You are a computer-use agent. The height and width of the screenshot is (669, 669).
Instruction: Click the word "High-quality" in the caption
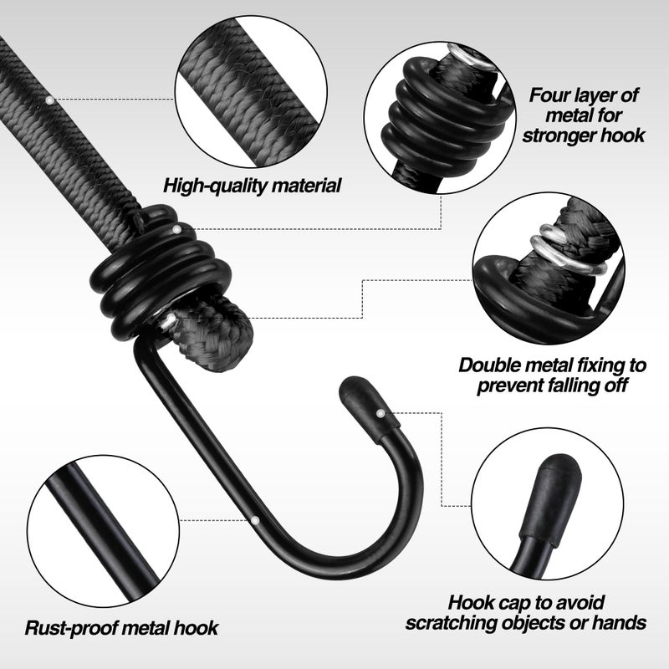pyautogui.click(x=216, y=186)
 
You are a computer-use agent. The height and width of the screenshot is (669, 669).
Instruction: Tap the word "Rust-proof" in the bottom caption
pyautogui.click(x=70, y=629)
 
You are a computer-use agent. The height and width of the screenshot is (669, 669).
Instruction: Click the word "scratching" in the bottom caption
pyautogui.click(x=452, y=623)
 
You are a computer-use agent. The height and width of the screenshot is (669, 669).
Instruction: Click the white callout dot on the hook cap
pyautogui.click(x=380, y=413)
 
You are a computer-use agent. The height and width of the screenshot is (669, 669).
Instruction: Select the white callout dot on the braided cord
pyautogui.click(x=50, y=100)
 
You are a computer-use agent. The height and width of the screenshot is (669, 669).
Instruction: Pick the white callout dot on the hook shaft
pyautogui.click(x=255, y=520)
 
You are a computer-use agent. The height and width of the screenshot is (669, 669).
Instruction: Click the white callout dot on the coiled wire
pyautogui.click(x=176, y=229)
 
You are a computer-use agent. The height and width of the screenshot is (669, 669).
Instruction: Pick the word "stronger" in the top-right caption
pyautogui.click(x=559, y=135)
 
